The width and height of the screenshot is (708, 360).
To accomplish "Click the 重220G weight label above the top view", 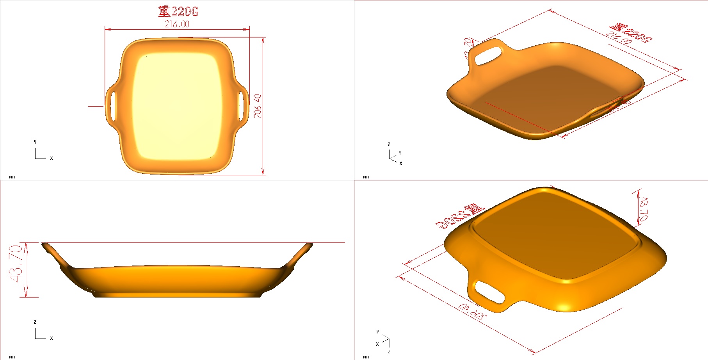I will pos(178,11).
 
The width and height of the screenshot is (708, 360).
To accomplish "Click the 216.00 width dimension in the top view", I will pos(177,24).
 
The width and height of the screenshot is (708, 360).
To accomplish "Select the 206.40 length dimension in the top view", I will pos(258,106).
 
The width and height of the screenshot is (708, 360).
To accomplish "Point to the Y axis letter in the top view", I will pos(35,142).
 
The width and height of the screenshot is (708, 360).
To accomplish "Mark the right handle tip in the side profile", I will pos(310,245).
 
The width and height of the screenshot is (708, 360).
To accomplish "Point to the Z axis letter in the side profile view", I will pos(35,322).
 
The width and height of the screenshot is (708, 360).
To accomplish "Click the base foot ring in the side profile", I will pos(178,295).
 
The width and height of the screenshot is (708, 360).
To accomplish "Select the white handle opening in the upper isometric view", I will pos(488,55).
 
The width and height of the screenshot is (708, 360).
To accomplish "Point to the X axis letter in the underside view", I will pos(377,344).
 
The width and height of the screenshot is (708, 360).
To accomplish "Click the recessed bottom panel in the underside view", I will pos(554,234).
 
